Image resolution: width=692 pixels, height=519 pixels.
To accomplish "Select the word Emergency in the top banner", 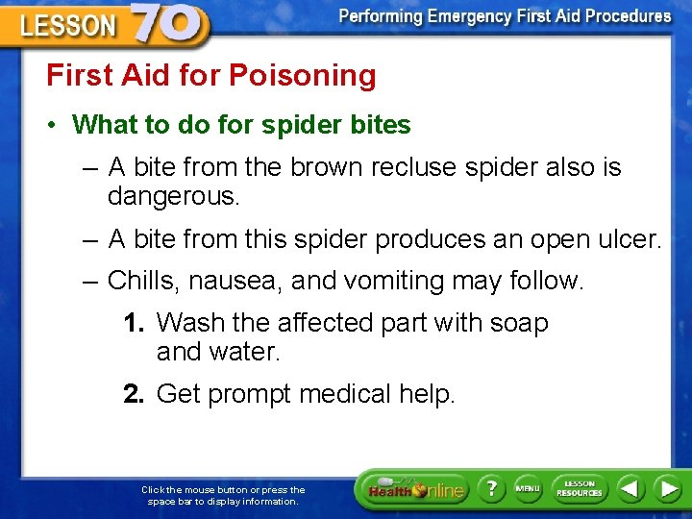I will coord(475,16).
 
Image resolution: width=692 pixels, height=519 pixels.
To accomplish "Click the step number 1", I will coord(133,323).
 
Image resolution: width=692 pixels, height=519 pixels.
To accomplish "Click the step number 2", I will coord(133,394).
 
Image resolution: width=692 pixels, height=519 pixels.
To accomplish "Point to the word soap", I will coord(518,323).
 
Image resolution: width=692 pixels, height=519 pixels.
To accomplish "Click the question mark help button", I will coord(490,489).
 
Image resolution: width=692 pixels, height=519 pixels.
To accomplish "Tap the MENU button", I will coord(528,488).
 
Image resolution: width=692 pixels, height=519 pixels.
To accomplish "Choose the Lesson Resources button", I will coord(580,488).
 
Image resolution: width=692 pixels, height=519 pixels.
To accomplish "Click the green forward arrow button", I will coord(667,488).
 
